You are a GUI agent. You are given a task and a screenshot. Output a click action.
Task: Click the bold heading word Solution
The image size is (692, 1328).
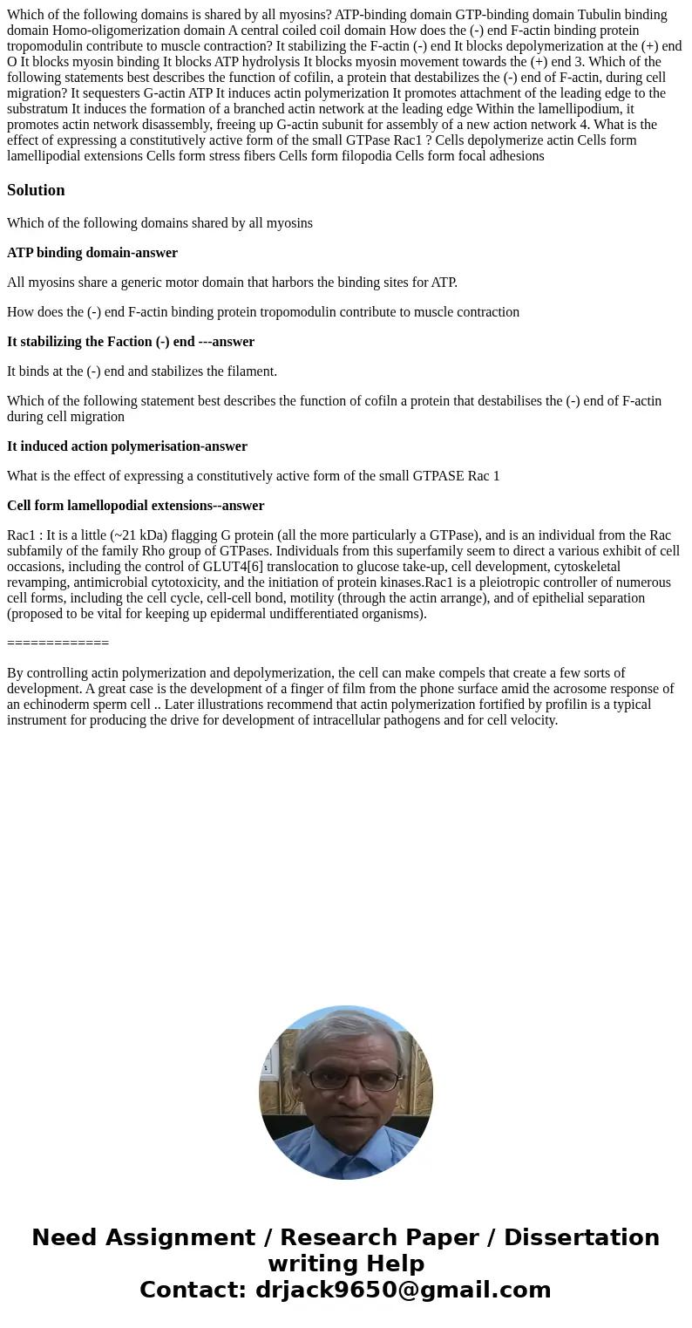click(x=36, y=190)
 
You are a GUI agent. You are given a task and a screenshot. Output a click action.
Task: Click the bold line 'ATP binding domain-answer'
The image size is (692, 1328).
click(x=92, y=253)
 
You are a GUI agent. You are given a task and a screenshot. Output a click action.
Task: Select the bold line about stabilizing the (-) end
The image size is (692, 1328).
click(x=131, y=342)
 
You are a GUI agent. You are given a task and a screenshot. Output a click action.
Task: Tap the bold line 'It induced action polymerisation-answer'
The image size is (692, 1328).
click(x=127, y=446)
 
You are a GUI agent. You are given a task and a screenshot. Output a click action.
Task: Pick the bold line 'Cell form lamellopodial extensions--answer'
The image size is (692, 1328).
click(x=136, y=506)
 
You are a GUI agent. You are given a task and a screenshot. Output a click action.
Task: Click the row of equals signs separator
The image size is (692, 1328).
click(x=58, y=644)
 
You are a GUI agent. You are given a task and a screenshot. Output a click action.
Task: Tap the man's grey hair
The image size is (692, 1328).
click(x=346, y=1029)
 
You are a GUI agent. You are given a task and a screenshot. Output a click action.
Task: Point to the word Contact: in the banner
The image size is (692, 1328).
click(x=193, y=1290)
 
